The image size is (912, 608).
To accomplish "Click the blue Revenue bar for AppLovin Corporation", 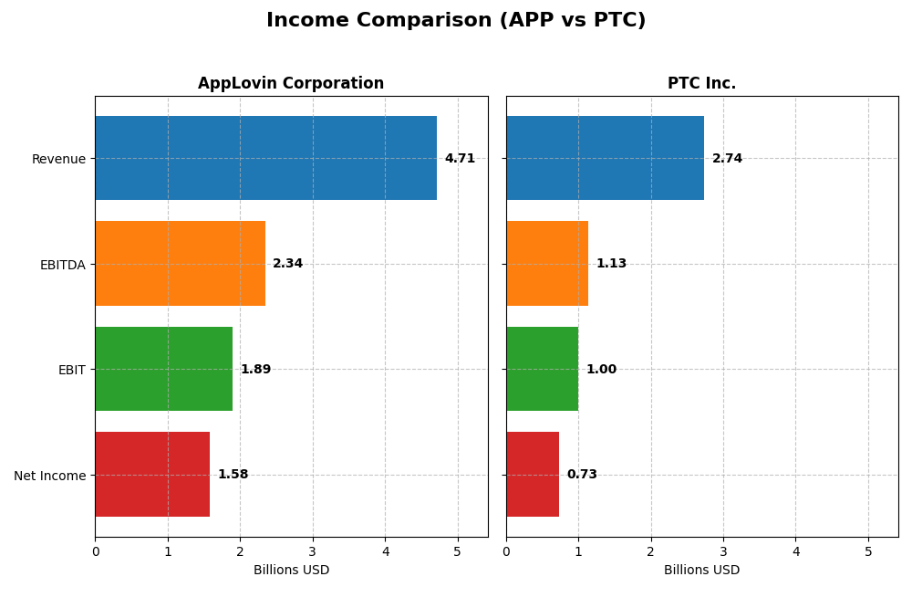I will pyautogui.click(x=265, y=158).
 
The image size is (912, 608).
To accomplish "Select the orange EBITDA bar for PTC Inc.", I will pyautogui.click(x=547, y=263).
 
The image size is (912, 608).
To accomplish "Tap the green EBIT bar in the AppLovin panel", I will pyautogui.click(x=163, y=369).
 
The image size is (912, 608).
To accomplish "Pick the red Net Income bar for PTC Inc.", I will pyautogui.click(x=533, y=474).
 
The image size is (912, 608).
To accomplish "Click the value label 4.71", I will pyautogui.click(x=460, y=159).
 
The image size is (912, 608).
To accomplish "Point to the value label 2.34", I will pyautogui.click(x=287, y=264).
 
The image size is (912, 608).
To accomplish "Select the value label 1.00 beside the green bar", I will pyautogui.click(x=601, y=370).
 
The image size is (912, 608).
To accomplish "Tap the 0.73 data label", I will pyautogui.click(x=582, y=475).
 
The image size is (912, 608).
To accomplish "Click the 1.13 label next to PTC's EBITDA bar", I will pyautogui.click(x=611, y=264).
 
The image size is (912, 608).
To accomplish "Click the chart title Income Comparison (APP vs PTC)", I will pyautogui.click(x=456, y=20).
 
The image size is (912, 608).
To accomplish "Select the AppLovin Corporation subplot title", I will pyautogui.click(x=291, y=84).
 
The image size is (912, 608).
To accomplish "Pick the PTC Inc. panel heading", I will pyautogui.click(x=701, y=84).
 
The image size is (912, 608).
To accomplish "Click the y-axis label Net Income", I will pyautogui.click(x=49, y=476).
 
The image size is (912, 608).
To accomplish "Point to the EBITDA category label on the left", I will pyautogui.click(x=62, y=265).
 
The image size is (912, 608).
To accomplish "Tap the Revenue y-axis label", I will pyautogui.click(x=58, y=159).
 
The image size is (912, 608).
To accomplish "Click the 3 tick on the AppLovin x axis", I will pyautogui.click(x=313, y=551).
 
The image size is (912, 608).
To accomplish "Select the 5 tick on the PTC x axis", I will pyautogui.click(x=868, y=551).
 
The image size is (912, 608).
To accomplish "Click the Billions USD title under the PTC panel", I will pyautogui.click(x=701, y=571).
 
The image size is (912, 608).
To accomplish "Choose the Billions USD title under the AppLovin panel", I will pyautogui.click(x=291, y=571).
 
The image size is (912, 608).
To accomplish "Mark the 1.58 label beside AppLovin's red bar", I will pyautogui.click(x=233, y=475).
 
